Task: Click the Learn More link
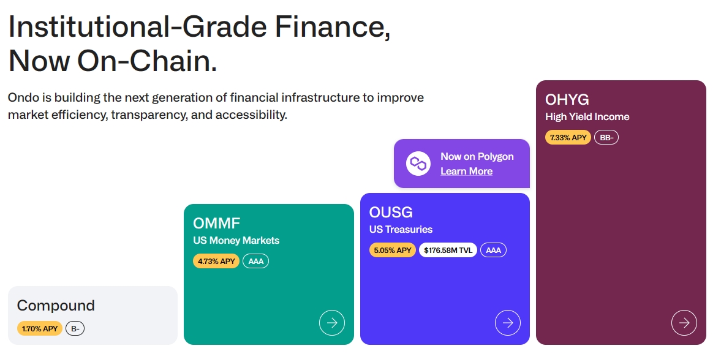click(x=466, y=172)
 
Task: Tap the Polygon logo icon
click(x=418, y=164)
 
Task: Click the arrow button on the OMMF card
click(x=332, y=323)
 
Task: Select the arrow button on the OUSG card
click(x=508, y=323)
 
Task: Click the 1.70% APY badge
click(x=40, y=329)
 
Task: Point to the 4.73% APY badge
click(x=216, y=262)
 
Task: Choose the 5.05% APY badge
click(x=393, y=250)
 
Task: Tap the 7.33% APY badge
click(x=568, y=138)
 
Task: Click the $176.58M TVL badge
click(x=448, y=250)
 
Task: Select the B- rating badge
click(x=75, y=329)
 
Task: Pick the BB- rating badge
click(x=606, y=138)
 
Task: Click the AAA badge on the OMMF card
click(x=255, y=262)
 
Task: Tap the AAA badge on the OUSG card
click(x=493, y=250)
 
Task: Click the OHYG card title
click(x=567, y=100)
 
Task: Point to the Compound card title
click(x=56, y=306)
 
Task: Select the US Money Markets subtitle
click(x=236, y=241)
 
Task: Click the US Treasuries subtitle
click(x=401, y=230)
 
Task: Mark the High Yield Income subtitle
click(x=587, y=117)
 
